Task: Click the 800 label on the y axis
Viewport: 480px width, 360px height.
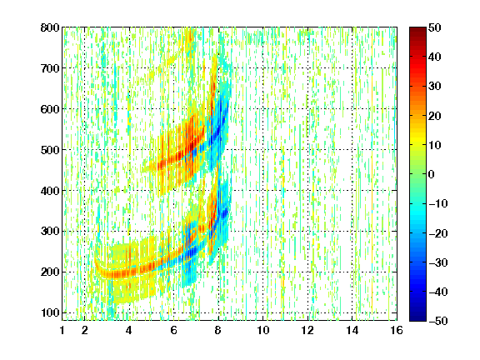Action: click(x=50, y=27)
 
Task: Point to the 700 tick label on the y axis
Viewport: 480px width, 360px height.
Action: click(x=50, y=68)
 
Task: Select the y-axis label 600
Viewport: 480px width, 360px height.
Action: click(x=50, y=109)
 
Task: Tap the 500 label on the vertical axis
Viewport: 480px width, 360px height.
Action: click(x=50, y=150)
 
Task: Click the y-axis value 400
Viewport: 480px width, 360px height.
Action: click(x=50, y=191)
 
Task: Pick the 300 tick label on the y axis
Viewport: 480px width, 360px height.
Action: click(x=50, y=232)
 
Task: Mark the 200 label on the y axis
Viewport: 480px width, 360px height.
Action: click(x=50, y=272)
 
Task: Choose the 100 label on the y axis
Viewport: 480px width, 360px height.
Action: click(x=50, y=312)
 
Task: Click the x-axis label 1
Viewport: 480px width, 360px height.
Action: click(x=62, y=330)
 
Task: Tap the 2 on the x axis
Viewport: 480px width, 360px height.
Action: click(x=85, y=330)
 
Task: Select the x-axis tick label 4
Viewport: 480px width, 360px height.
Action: click(x=129, y=330)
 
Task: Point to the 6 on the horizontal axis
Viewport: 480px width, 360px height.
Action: click(x=173, y=330)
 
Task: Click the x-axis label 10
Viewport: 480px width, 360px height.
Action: click(x=263, y=330)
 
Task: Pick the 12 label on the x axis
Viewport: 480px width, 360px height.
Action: click(x=307, y=330)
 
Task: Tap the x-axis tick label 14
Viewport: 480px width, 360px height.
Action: click(x=352, y=330)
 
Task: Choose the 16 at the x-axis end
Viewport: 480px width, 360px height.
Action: click(x=397, y=330)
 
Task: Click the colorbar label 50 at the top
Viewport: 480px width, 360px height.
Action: click(x=435, y=27)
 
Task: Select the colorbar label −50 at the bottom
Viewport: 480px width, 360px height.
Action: click(x=438, y=321)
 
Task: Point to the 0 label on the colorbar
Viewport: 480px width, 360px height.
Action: click(x=432, y=174)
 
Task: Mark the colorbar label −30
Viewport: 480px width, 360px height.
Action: click(x=438, y=262)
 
